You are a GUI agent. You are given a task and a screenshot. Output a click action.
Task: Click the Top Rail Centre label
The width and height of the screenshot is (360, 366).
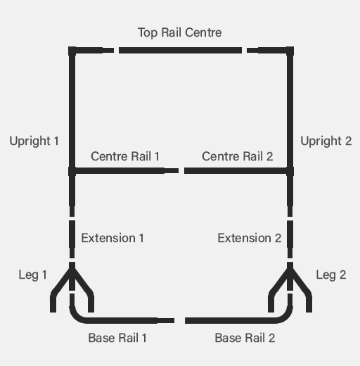pyautogui.click(x=179, y=32)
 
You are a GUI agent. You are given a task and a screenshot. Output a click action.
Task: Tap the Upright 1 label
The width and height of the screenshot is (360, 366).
pyautogui.click(x=34, y=141)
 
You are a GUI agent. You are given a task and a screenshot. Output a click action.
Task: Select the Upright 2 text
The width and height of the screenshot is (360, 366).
pyautogui.click(x=326, y=141)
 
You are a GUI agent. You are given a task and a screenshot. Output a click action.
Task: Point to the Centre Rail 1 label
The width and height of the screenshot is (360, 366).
pyautogui.click(x=125, y=156)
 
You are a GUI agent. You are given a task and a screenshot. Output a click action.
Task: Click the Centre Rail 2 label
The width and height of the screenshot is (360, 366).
pyautogui.click(x=238, y=156)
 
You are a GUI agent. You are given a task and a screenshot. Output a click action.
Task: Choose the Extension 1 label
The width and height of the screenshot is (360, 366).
pyautogui.click(x=112, y=238)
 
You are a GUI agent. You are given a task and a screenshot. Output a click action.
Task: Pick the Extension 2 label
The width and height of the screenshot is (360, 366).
pyautogui.click(x=250, y=238)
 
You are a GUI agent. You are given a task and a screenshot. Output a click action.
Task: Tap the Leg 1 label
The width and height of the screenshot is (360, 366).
pyautogui.click(x=32, y=275)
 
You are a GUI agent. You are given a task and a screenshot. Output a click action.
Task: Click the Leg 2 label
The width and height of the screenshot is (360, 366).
pyautogui.click(x=331, y=275)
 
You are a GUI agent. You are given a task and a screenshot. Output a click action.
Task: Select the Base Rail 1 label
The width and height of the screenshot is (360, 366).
pyautogui.click(x=117, y=338)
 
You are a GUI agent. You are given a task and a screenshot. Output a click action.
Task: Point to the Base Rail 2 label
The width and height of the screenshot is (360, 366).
pyautogui.click(x=245, y=338)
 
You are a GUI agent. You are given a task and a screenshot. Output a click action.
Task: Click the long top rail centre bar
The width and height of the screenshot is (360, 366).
pyautogui.click(x=180, y=50)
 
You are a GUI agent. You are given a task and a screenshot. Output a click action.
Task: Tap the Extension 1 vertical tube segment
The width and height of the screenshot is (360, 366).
pyautogui.click(x=72, y=239)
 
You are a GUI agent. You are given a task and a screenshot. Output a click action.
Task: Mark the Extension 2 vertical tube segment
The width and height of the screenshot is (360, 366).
pyautogui.click(x=290, y=239)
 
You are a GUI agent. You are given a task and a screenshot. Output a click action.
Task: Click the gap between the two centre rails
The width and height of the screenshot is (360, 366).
pyautogui.click(x=181, y=170)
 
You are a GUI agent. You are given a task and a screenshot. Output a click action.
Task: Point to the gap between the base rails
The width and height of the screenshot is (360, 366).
pyautogui.click(x=179, y=320)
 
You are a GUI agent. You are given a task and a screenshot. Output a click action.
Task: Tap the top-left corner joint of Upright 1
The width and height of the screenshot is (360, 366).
pyautogui.click(x=72, y=51)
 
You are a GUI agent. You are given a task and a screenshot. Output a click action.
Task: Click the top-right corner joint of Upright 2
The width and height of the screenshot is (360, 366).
pyautogui.click(x=290, y=51)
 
